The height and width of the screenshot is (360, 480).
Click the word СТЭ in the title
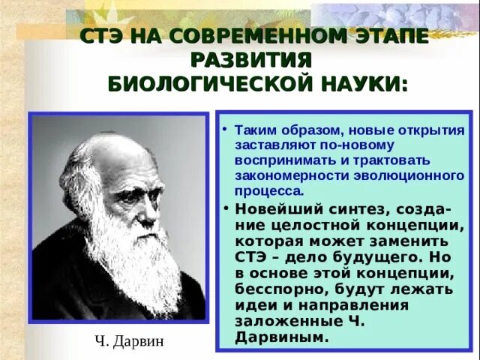pyautogui.click(x=102, y=37)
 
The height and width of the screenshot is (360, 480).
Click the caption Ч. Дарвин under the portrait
pyautogui.click(x=129, y=342)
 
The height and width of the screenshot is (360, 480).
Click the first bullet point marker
pyautogui.click(x=226, y=129)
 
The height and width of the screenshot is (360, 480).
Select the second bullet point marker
pyautogui.click(x=226, y=208)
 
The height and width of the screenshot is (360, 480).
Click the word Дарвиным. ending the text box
pyautogui.click(x=282, y=337)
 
